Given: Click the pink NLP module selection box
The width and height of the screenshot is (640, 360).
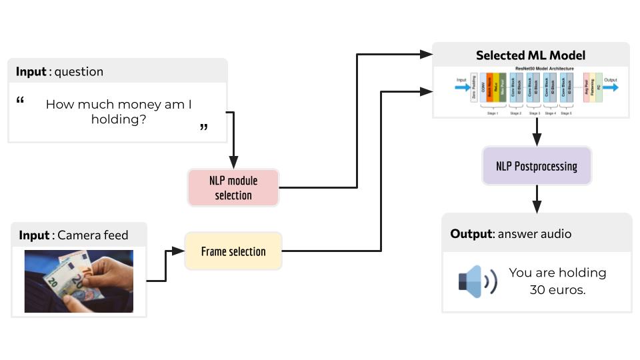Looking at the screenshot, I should (x=233, y=187).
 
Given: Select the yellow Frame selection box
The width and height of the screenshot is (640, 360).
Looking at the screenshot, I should (x=233, y=251).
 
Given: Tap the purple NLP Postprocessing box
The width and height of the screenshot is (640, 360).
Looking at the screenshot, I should (x=536, y=165).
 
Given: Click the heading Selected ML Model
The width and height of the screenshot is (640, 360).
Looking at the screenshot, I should (x=531, y=55).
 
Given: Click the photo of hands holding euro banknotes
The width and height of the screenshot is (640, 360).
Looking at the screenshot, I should (x=79, y=281).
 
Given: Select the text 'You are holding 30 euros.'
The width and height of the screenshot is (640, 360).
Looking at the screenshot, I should (x=557, y=281).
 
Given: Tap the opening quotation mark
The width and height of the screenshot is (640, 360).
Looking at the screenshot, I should (x=20, y=101).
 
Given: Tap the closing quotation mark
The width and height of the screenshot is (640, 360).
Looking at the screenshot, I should (x=203, y=127).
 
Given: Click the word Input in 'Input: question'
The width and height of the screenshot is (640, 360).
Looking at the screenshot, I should (x=31, y=71).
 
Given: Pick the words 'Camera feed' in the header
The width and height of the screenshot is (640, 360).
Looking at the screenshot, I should (x=93, y=235).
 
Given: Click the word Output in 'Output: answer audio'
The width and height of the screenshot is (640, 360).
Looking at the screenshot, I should (x=471, y=234).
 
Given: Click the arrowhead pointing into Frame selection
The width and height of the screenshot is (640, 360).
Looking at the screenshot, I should (x=178, y=251).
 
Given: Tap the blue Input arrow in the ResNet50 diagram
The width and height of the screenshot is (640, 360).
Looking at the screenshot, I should (x=462, y=87).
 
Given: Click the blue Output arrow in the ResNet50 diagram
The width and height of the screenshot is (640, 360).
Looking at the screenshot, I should (x=611, y=87).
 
